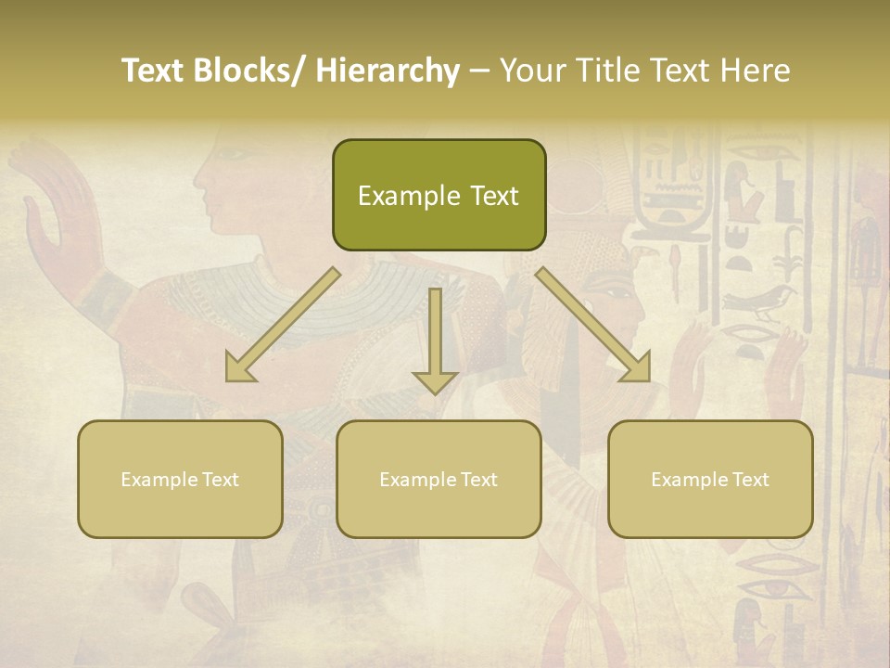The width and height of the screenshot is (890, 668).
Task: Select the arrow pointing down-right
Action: tap(594, 326)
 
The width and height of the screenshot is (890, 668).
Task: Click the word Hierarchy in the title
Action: tap(388, 71)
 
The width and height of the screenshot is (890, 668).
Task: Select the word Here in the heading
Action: tap(756, 71)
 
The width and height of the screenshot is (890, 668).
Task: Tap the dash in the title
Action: tap(479, 71)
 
